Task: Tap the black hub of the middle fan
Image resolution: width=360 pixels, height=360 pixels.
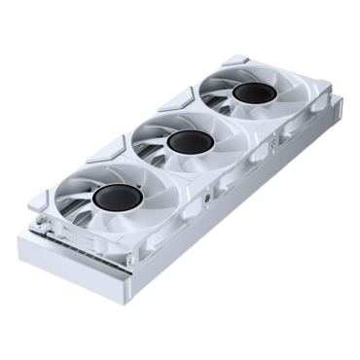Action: tap(183, 141)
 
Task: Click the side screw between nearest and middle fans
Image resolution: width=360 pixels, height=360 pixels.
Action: tap(208, 206)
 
